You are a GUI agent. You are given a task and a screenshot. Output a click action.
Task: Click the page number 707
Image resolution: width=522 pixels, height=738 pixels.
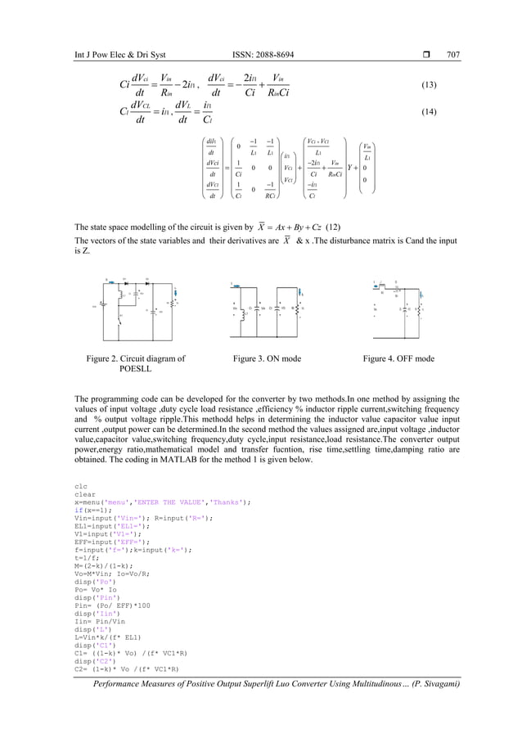453,55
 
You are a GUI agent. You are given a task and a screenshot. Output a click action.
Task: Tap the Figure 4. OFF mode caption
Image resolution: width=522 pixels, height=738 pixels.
399,358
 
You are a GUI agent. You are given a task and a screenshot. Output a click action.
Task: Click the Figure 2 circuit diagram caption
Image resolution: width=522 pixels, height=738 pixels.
136,363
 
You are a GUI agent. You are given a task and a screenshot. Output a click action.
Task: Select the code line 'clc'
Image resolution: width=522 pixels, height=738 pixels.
80,486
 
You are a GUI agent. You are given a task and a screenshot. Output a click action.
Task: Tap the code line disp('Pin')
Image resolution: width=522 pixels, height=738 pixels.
94,597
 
